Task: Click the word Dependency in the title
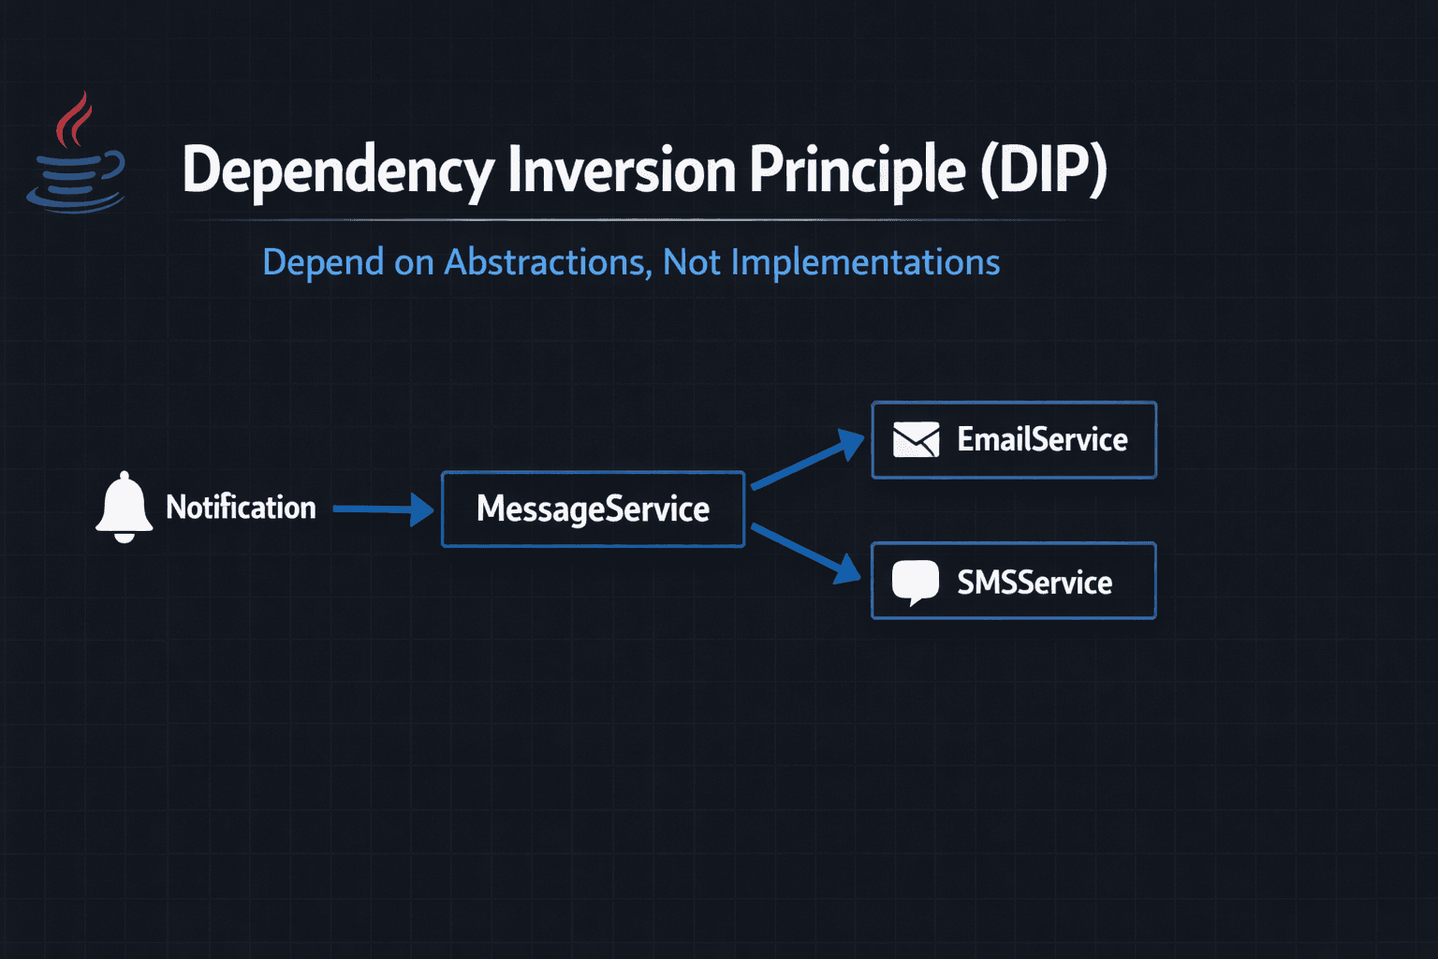tap(337, 170)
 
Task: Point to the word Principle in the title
tap(857, 170)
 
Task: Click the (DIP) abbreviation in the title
tap(1044, 170)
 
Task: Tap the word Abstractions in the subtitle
tap(547, 262)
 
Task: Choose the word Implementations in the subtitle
tap(865, 262)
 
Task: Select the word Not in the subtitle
tap(691, 262)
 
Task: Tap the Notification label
tap(241, 508)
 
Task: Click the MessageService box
tap(593, 509)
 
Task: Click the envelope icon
tap(916, 439)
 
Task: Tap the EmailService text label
tap(1042, 439)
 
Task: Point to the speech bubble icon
tap(915, 582)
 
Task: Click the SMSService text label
tap(1034, 583)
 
